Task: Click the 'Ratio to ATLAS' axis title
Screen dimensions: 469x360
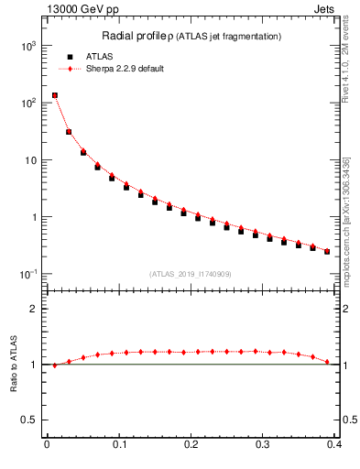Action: pos(13,364)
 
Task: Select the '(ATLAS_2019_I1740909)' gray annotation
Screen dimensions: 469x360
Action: pos(191,274)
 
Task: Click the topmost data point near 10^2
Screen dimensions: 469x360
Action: pos(54,95)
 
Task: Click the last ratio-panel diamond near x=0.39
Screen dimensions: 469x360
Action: pos(327,362)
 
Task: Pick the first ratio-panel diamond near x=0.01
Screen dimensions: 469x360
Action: pos(54,365)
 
